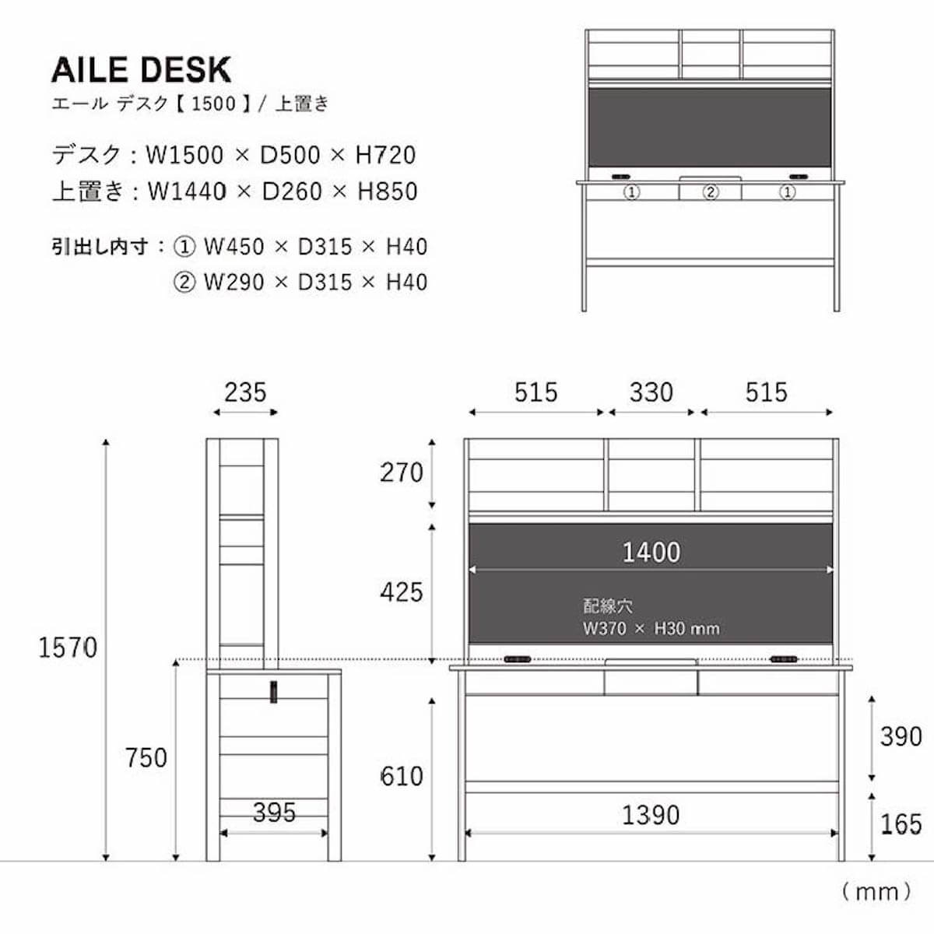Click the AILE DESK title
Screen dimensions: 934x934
tap(141, 70)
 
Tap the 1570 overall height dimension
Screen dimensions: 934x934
tap(68, 648)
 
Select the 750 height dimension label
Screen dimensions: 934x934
tap(146, 757)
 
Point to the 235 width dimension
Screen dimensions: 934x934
tap(245, 392)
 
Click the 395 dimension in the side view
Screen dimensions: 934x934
tap(274, 813)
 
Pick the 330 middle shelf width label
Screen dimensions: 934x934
tap(651, 392)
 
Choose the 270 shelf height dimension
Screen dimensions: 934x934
tap(402, 472)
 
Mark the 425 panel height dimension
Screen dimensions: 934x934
tap(402, 592)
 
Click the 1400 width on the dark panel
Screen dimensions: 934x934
tap(651, 553)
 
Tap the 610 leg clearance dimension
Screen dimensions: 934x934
tap(402, 776)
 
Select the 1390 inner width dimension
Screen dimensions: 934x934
tap(651, 815)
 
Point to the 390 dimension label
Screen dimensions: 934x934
tap(901, 736)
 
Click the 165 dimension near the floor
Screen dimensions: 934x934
tap(901, 824)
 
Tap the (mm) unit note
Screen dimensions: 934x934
tap(876, 891)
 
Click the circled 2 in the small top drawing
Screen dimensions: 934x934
tap(710, 191)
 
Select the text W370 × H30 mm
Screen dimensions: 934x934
tap(651, 629)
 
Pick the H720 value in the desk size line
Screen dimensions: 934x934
tap(385, 156)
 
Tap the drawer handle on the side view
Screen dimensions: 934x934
tap(274, 692)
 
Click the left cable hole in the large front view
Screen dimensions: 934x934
tap(517, 659)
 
